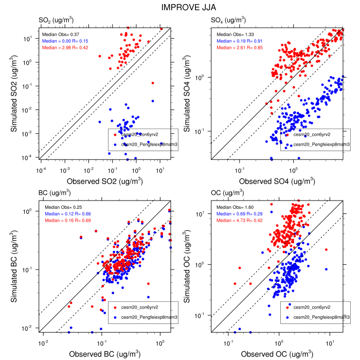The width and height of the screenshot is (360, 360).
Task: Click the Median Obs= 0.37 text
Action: (59, 34)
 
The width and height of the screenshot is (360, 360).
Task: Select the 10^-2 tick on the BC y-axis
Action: (31, 328)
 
